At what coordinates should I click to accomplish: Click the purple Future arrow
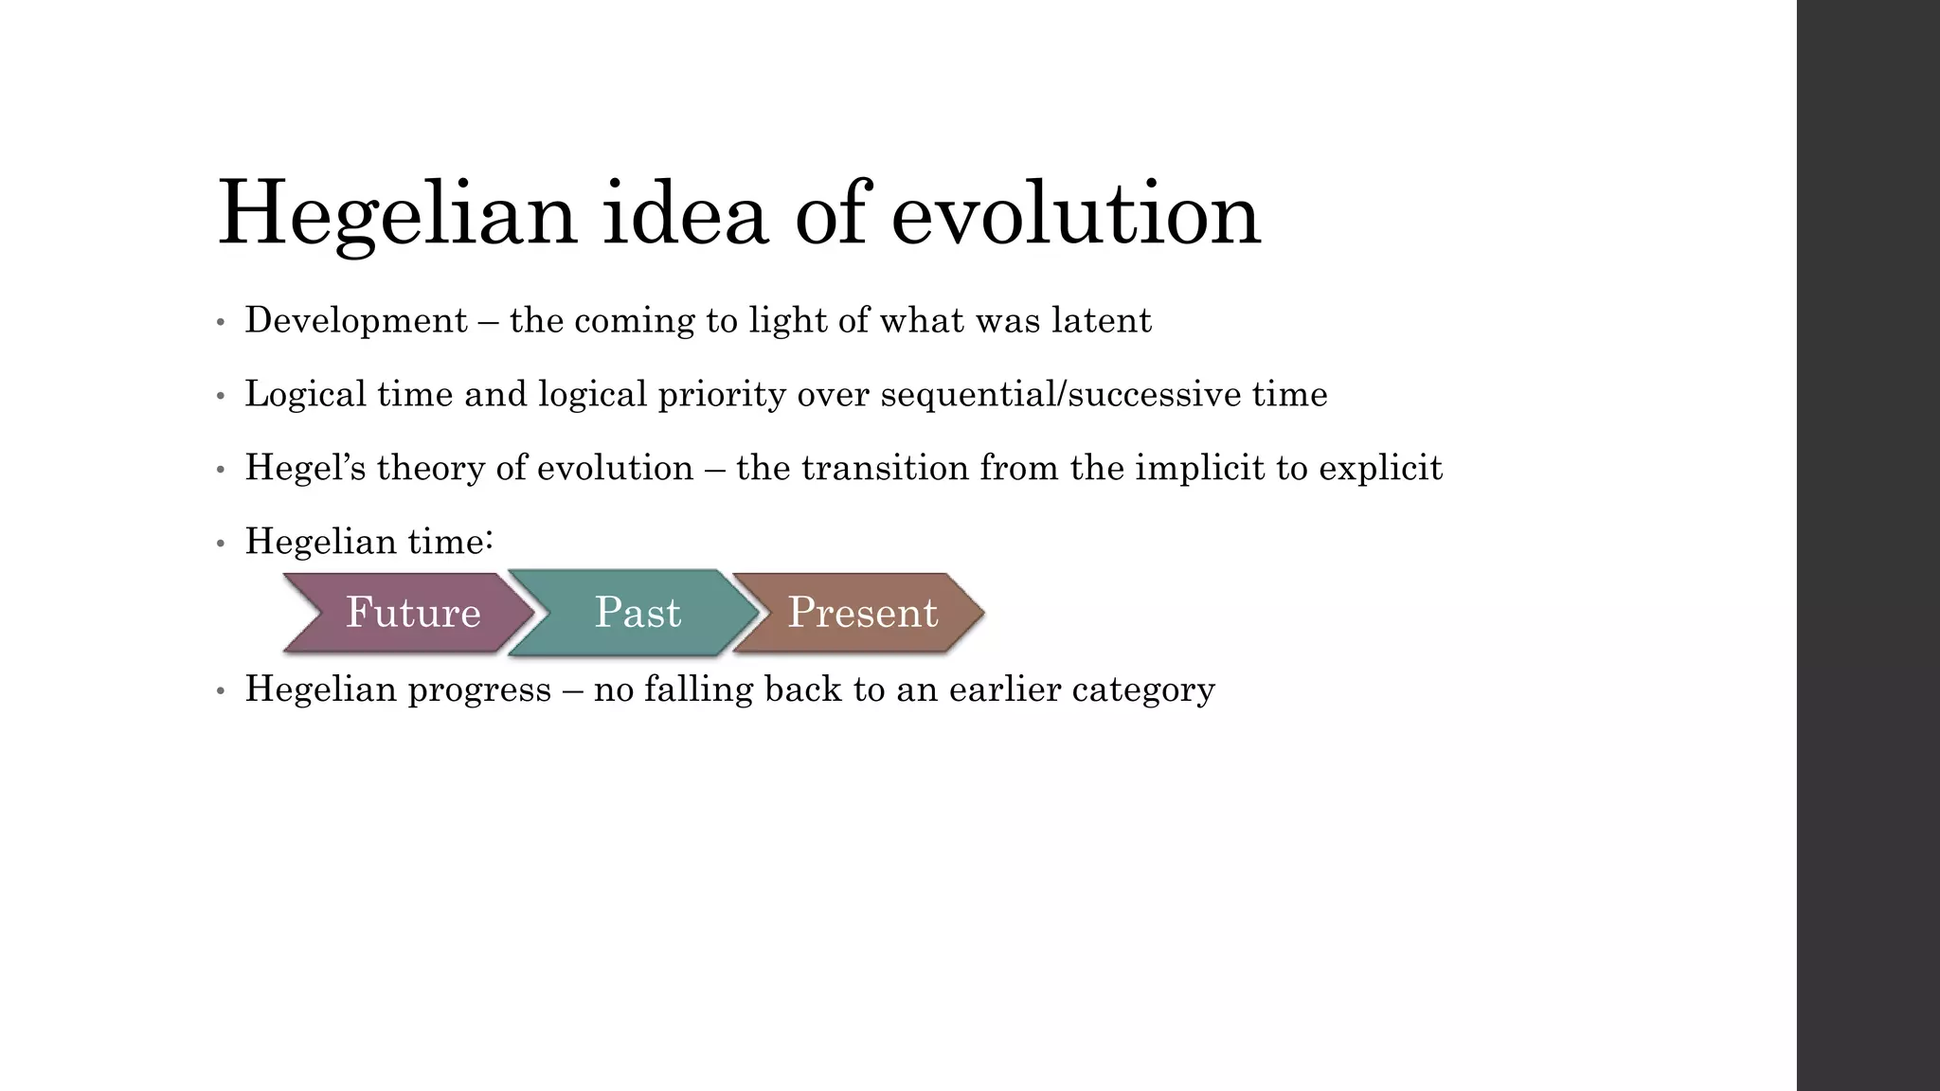[413, 613]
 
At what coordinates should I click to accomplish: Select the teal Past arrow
[637, 613]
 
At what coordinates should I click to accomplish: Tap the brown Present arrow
[862, 613]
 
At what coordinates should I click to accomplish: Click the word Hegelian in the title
[396, 216]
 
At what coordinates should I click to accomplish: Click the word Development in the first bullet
[356, 321]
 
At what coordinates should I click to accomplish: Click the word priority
[722, 395]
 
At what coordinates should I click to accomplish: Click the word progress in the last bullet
[479, 689]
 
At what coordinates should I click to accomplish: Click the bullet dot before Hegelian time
[220, 545]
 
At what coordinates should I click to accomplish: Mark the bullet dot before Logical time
[220, 397]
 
